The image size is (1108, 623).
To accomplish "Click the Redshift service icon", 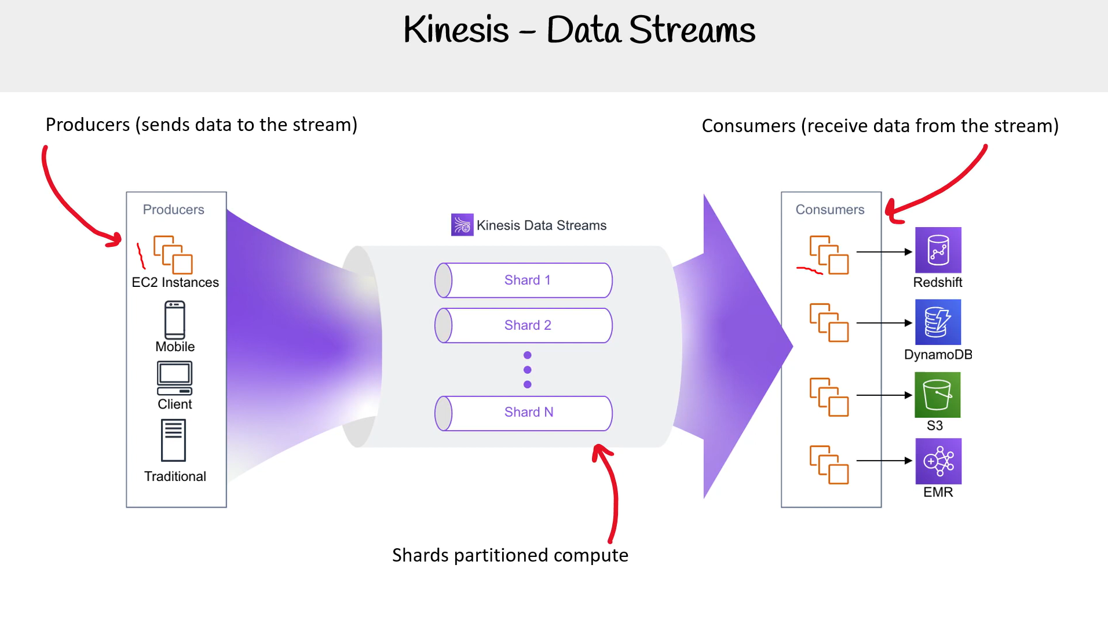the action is pos(938,250).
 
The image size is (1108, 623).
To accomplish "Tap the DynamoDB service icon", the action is pos(938,322).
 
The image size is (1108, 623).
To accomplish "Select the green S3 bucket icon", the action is pos(937,395).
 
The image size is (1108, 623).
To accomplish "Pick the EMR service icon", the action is pos(938,461).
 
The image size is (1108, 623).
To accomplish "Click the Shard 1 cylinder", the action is pos(524,280).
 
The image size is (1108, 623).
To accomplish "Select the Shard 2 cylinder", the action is pos(524,326).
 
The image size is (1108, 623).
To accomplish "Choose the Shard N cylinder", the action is pos(524,413).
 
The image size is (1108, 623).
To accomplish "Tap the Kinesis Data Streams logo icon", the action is pos(462,225).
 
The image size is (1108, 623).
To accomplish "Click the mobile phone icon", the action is pos(175,320).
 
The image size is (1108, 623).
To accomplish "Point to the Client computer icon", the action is pos(174,378).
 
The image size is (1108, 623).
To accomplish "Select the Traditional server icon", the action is pos(174,440).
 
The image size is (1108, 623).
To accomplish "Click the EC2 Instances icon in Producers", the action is pos(173,254).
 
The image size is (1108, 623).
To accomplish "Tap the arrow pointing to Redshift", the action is pos(884,252).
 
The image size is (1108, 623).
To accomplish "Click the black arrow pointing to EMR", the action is pos(884,461).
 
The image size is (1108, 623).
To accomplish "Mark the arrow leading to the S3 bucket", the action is pos(884,395).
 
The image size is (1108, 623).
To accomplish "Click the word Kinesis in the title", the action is pos(456,30).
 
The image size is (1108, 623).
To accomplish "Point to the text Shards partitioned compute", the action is pos(510,555).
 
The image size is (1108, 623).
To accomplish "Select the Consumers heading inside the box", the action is pos(829,210).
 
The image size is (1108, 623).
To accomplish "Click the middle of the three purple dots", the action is pos(527,370).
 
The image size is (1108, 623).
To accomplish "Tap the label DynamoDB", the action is pos(938,355).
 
